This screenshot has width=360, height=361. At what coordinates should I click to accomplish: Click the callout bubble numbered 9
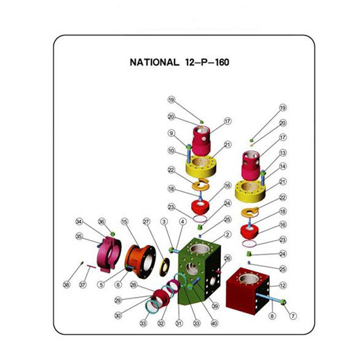[x=170, y=134]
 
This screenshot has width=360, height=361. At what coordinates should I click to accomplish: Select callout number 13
[x=283, y=153]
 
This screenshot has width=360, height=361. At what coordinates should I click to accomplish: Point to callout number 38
[x=67, y=284]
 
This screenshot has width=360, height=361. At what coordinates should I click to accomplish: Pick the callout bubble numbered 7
[x=293, y=316]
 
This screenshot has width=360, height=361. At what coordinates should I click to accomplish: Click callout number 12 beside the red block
[x=283, y=285]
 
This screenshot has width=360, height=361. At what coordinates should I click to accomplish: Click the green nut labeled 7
[x=285, y=302]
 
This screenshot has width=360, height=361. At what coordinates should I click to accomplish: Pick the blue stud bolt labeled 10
[x=188, y=150]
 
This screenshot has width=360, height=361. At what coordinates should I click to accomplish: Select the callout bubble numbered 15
[x=125, y=222]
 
